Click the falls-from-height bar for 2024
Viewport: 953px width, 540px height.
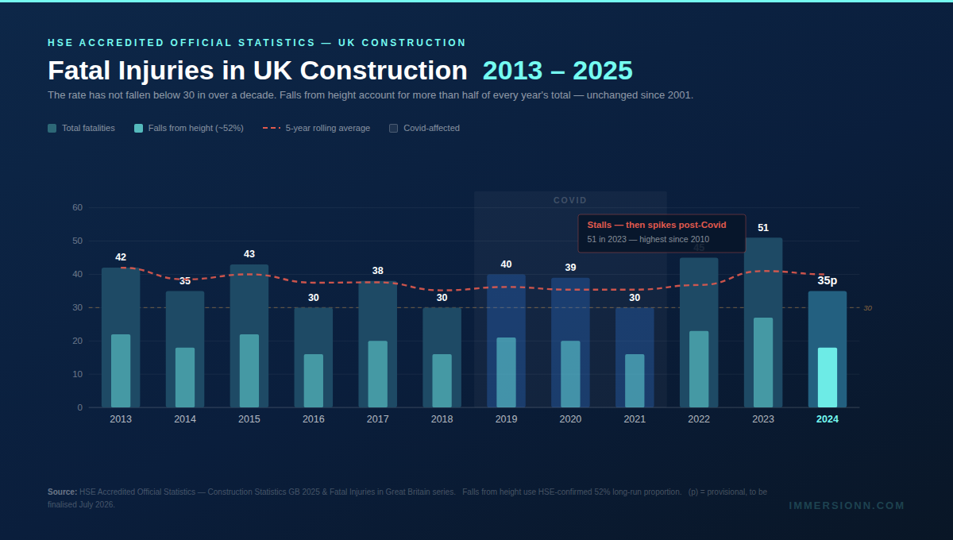[x=828, y=377]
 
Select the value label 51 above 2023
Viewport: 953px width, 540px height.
[x=763, y=228]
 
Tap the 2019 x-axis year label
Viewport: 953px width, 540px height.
[x=506, y=419]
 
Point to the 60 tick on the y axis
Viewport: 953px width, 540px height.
[x=77, y=207]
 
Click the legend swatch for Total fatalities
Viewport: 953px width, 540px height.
[x=52, y=128]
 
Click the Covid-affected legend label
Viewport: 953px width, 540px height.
[x=431, y=128]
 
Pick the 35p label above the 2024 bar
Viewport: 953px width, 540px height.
[x=828, y=280]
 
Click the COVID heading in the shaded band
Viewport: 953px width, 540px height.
[x=570, y=200]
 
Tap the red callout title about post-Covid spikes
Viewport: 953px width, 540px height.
[x=657, y=225]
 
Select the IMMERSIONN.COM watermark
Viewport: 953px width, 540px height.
[x=847, y=506]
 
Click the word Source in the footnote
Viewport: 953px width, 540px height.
[x=62, y=492]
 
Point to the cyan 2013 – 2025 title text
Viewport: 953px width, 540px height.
[x=558, y=71]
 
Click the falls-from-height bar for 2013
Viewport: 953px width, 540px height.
[x=121, y=371]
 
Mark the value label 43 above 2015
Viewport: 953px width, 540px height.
[x=249, y=254]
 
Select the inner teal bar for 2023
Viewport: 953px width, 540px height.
[x=763, y=362]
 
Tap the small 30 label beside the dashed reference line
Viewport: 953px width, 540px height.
[x=867, y=308]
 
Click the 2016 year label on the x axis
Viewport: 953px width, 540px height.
[x=313, y=419]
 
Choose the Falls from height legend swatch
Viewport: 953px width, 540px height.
[x=139, y=128]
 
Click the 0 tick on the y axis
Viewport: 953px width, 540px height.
[x=79, y=407]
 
